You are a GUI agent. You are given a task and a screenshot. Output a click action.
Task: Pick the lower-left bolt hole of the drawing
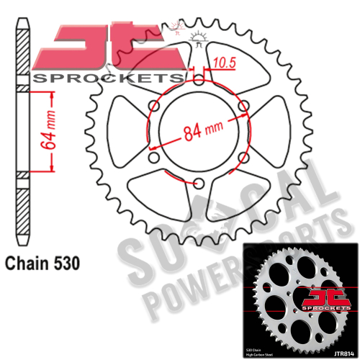(153, 158)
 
